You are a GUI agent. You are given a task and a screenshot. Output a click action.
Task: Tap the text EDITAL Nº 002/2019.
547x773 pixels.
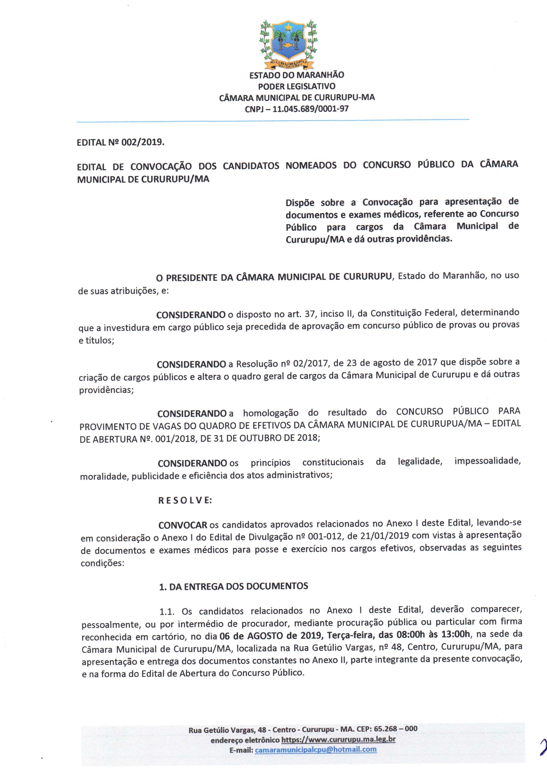(121, 142)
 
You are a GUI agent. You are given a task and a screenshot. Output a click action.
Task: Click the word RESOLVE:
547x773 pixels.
(185, 500)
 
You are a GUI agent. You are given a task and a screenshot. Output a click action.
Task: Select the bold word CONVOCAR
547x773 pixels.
(183, 525)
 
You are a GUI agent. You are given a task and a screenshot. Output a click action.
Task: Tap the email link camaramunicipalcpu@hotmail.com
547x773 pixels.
(316, 750)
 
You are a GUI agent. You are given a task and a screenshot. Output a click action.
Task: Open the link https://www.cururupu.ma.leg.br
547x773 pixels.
(338, 740)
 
